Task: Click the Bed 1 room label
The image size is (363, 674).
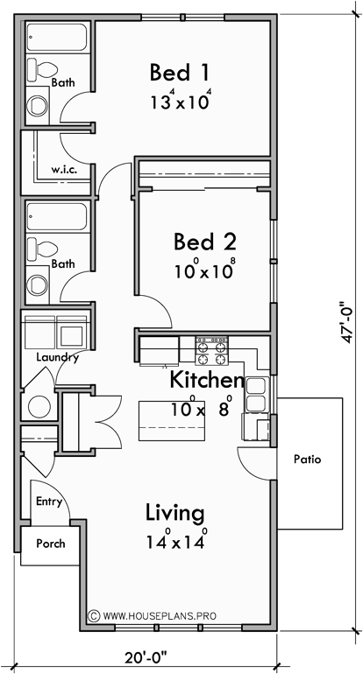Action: pos(180,71)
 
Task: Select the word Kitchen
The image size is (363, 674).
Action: pos(206,381)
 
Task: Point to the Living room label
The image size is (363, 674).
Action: pos(174,513)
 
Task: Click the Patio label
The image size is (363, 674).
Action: pos(309,458)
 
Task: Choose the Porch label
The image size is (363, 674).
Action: pos(51,544)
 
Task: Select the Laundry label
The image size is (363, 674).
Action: pos(58,357)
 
